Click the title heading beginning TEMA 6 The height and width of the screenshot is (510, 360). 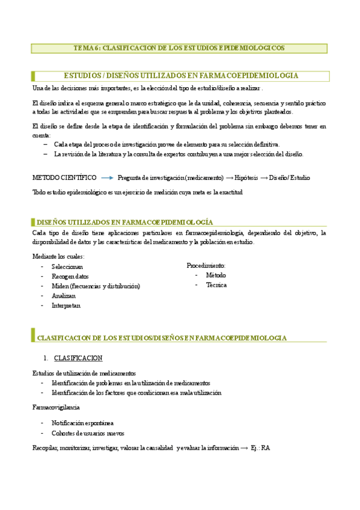pyautogui.click(x=179, y=48)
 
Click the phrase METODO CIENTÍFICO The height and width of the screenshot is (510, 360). pyautogui.click(x=64, y=177)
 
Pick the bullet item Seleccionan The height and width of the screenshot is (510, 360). pyautogui.click(x=67, y=266)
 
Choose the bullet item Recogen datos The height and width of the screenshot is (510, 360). pyautogui.click(x=70, y=276)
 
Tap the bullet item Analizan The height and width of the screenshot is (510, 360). pyautogui.click(x=64, y=296)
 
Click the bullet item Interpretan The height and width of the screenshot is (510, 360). pyautogui.click(x=66, y=306)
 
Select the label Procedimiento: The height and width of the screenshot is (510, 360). pyautogui.click(x=206, y=265)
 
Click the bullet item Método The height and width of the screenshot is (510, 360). pyautogui.click(x=216, y=275)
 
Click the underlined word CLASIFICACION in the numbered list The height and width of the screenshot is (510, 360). pyautogui.click(x=78, y=358)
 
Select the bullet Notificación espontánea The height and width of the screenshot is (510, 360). pyautogui.click(x=82, y=423)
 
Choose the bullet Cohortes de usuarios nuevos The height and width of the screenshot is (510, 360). pyautogui.click(x=88, y=433)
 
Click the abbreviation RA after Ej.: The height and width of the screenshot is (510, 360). pyautogui.click(x=266, y=447)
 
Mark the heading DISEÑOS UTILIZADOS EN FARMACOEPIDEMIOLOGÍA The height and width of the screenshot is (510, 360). pyautogui.click(x=124, y=222)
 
